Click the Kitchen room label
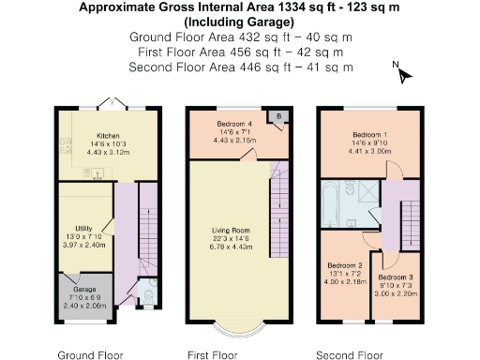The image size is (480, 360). [108, 133]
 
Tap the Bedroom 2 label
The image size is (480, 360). [344, 265]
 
